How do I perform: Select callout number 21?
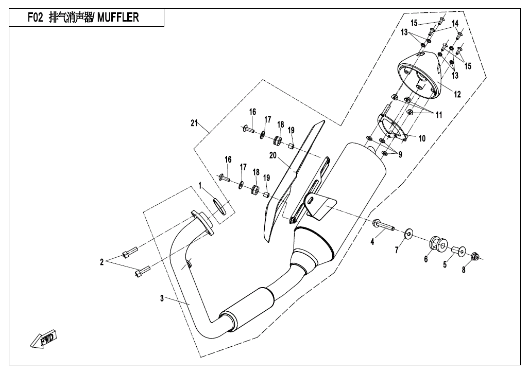pyautogui.click(x=194, y=122)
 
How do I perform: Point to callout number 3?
pyautogui.click(x=162, y=298)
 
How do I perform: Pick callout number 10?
pyautogui.click(x=422, y=138)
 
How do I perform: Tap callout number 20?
pyautogui.click(x=273, y=155)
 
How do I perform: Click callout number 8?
pyautogui.click(x=464, y=271)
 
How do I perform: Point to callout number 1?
pyautogui.click(x=201, y=185)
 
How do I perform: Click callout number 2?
pyautogui.click(x=102, y=262)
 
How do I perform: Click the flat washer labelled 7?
pyautogui.click(x=408, y=234)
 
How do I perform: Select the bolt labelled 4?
pyautogui.click(x=384, y=224)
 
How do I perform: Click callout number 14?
pyautogui.click(x=455, y=24)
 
